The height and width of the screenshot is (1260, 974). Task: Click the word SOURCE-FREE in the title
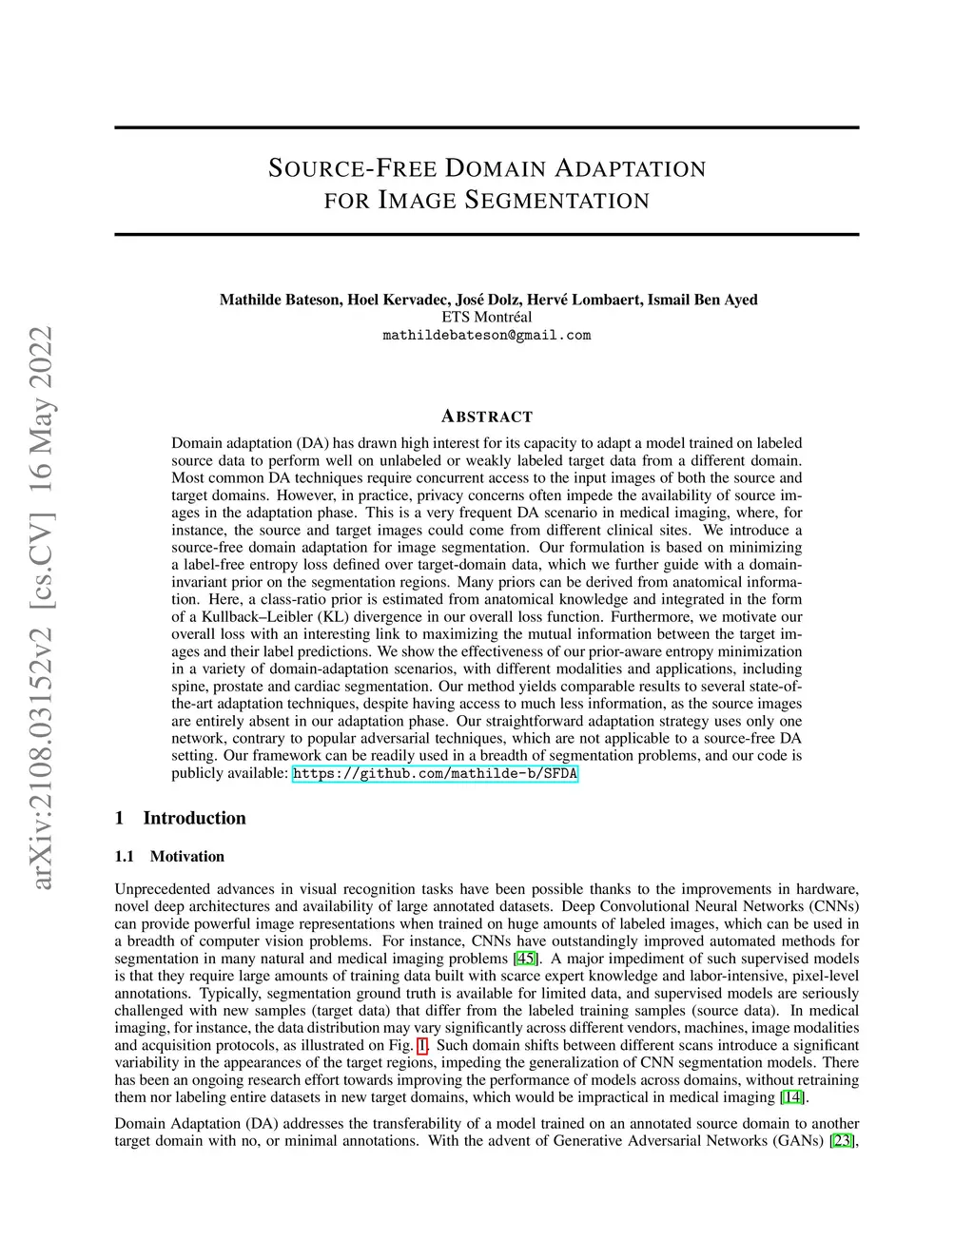352,169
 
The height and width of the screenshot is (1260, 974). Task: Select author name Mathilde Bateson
281,300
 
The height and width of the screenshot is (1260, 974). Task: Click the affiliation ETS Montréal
487,317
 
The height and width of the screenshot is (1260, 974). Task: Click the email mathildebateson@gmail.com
487,335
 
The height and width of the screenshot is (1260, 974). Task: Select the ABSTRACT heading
487,417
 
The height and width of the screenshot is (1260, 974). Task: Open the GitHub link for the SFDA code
435,773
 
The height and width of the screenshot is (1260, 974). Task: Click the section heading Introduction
194,818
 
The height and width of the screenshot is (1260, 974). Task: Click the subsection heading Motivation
187,856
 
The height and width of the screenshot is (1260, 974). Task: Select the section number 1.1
125,856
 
